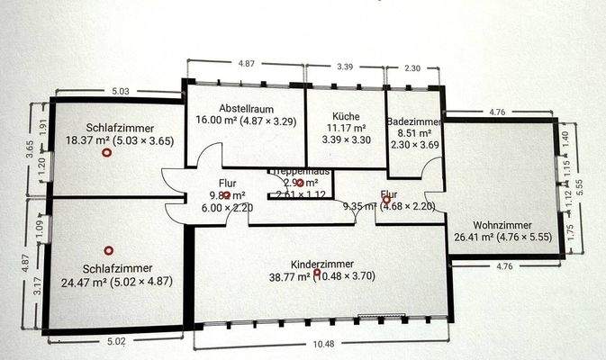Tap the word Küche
(346, 117)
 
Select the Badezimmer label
(412, 121)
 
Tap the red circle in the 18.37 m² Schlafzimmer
(107, 154)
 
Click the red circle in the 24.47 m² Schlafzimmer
(109, 250)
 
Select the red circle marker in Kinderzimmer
(317, 272)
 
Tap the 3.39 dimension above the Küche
(346, 67)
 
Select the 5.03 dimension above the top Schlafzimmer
(120, 91)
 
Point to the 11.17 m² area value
(346, 129)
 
